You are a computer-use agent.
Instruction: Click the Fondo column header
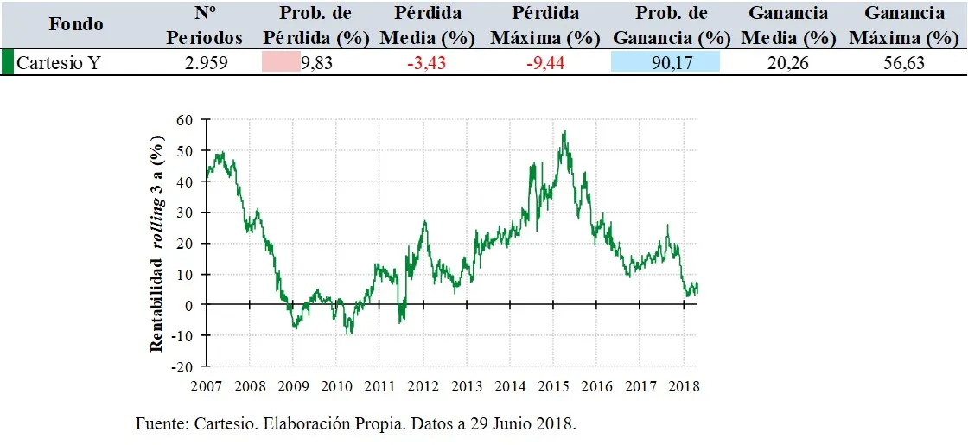(76, 24)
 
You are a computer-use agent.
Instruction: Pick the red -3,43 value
(427, 63)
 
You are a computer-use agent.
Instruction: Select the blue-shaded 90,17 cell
(665, 63)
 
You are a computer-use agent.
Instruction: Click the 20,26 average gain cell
(787, 63)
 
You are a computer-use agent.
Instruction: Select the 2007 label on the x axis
(206, 385)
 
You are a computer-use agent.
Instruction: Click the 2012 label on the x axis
(423, 385)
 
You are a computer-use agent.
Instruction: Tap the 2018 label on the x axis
(685, 385)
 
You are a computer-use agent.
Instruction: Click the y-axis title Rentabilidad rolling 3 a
(157, 242)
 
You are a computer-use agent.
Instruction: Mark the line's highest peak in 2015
(564, 131)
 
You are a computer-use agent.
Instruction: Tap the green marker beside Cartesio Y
(7, 63)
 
